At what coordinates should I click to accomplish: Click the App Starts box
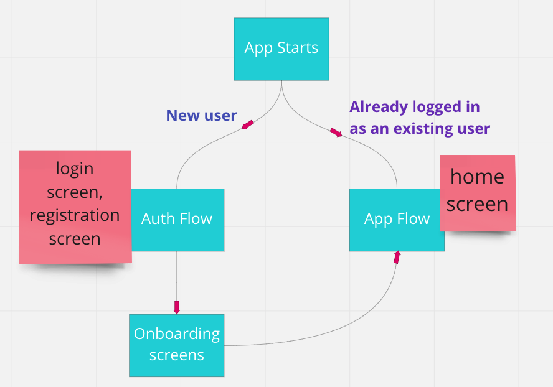click(x=281, y=49)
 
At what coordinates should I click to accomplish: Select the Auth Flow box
click(x=177, y=219)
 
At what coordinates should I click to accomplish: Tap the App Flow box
click(x=397, y=219)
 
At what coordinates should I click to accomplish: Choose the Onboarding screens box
click(x=176, y=345)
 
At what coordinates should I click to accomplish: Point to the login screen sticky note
click(x=75, y=205)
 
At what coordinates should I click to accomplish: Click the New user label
click(x=201, y=115)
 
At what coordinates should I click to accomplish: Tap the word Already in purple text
click(x=376, y=107)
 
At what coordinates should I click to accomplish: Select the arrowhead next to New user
click(x=248, y=125)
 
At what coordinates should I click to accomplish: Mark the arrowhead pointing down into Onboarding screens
click(x=177, y=307)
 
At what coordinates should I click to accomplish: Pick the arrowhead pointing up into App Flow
click(x=397, y=257)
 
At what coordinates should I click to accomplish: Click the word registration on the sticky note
click(x=75, y=215)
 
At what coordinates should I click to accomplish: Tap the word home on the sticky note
click(x=477, y=177)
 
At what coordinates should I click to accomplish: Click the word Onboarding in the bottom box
click(x=177, y=334)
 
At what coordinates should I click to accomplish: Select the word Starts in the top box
click(x=298, y=49)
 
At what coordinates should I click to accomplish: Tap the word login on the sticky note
click(x=75, y=168)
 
